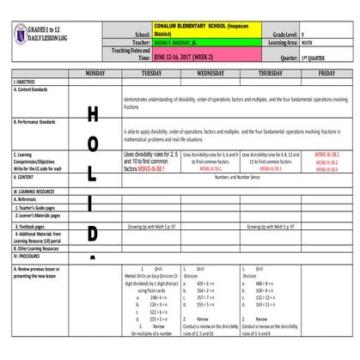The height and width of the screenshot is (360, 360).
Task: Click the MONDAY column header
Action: click(92, 74)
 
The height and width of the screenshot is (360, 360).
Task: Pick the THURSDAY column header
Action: click(268, 74)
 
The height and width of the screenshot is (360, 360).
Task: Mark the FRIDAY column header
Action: click(326, 74)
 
